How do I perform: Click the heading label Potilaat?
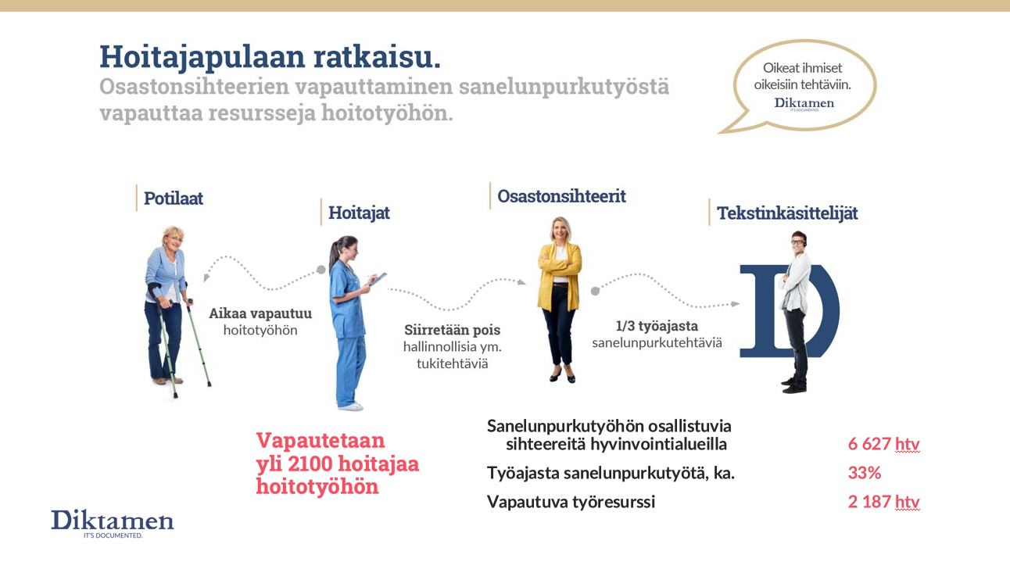pos(173,199)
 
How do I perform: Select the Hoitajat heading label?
pos(359,213)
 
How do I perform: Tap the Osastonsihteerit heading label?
pos(561,196)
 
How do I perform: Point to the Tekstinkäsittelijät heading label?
pos(787,213)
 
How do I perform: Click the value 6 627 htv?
pos(883,444)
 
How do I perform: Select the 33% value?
pos(865,473)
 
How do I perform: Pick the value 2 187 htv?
pos(883,502)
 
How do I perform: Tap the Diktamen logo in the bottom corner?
pos(113,524)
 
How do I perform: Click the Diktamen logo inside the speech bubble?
pos(804,104)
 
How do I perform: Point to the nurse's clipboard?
pos(378,280)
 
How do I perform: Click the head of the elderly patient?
pos(174,238)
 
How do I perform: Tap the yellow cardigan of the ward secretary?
pos(560,275)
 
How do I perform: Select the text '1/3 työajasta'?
pos(657,326)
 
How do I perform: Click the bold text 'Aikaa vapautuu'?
pos(260,313)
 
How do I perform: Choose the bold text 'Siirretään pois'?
pos(453,330)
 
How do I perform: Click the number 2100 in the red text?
pos(310,464)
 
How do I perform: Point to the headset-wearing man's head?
pos(798,242)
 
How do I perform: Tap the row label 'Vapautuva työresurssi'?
pos(571,502)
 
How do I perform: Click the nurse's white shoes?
pos(350,406)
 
